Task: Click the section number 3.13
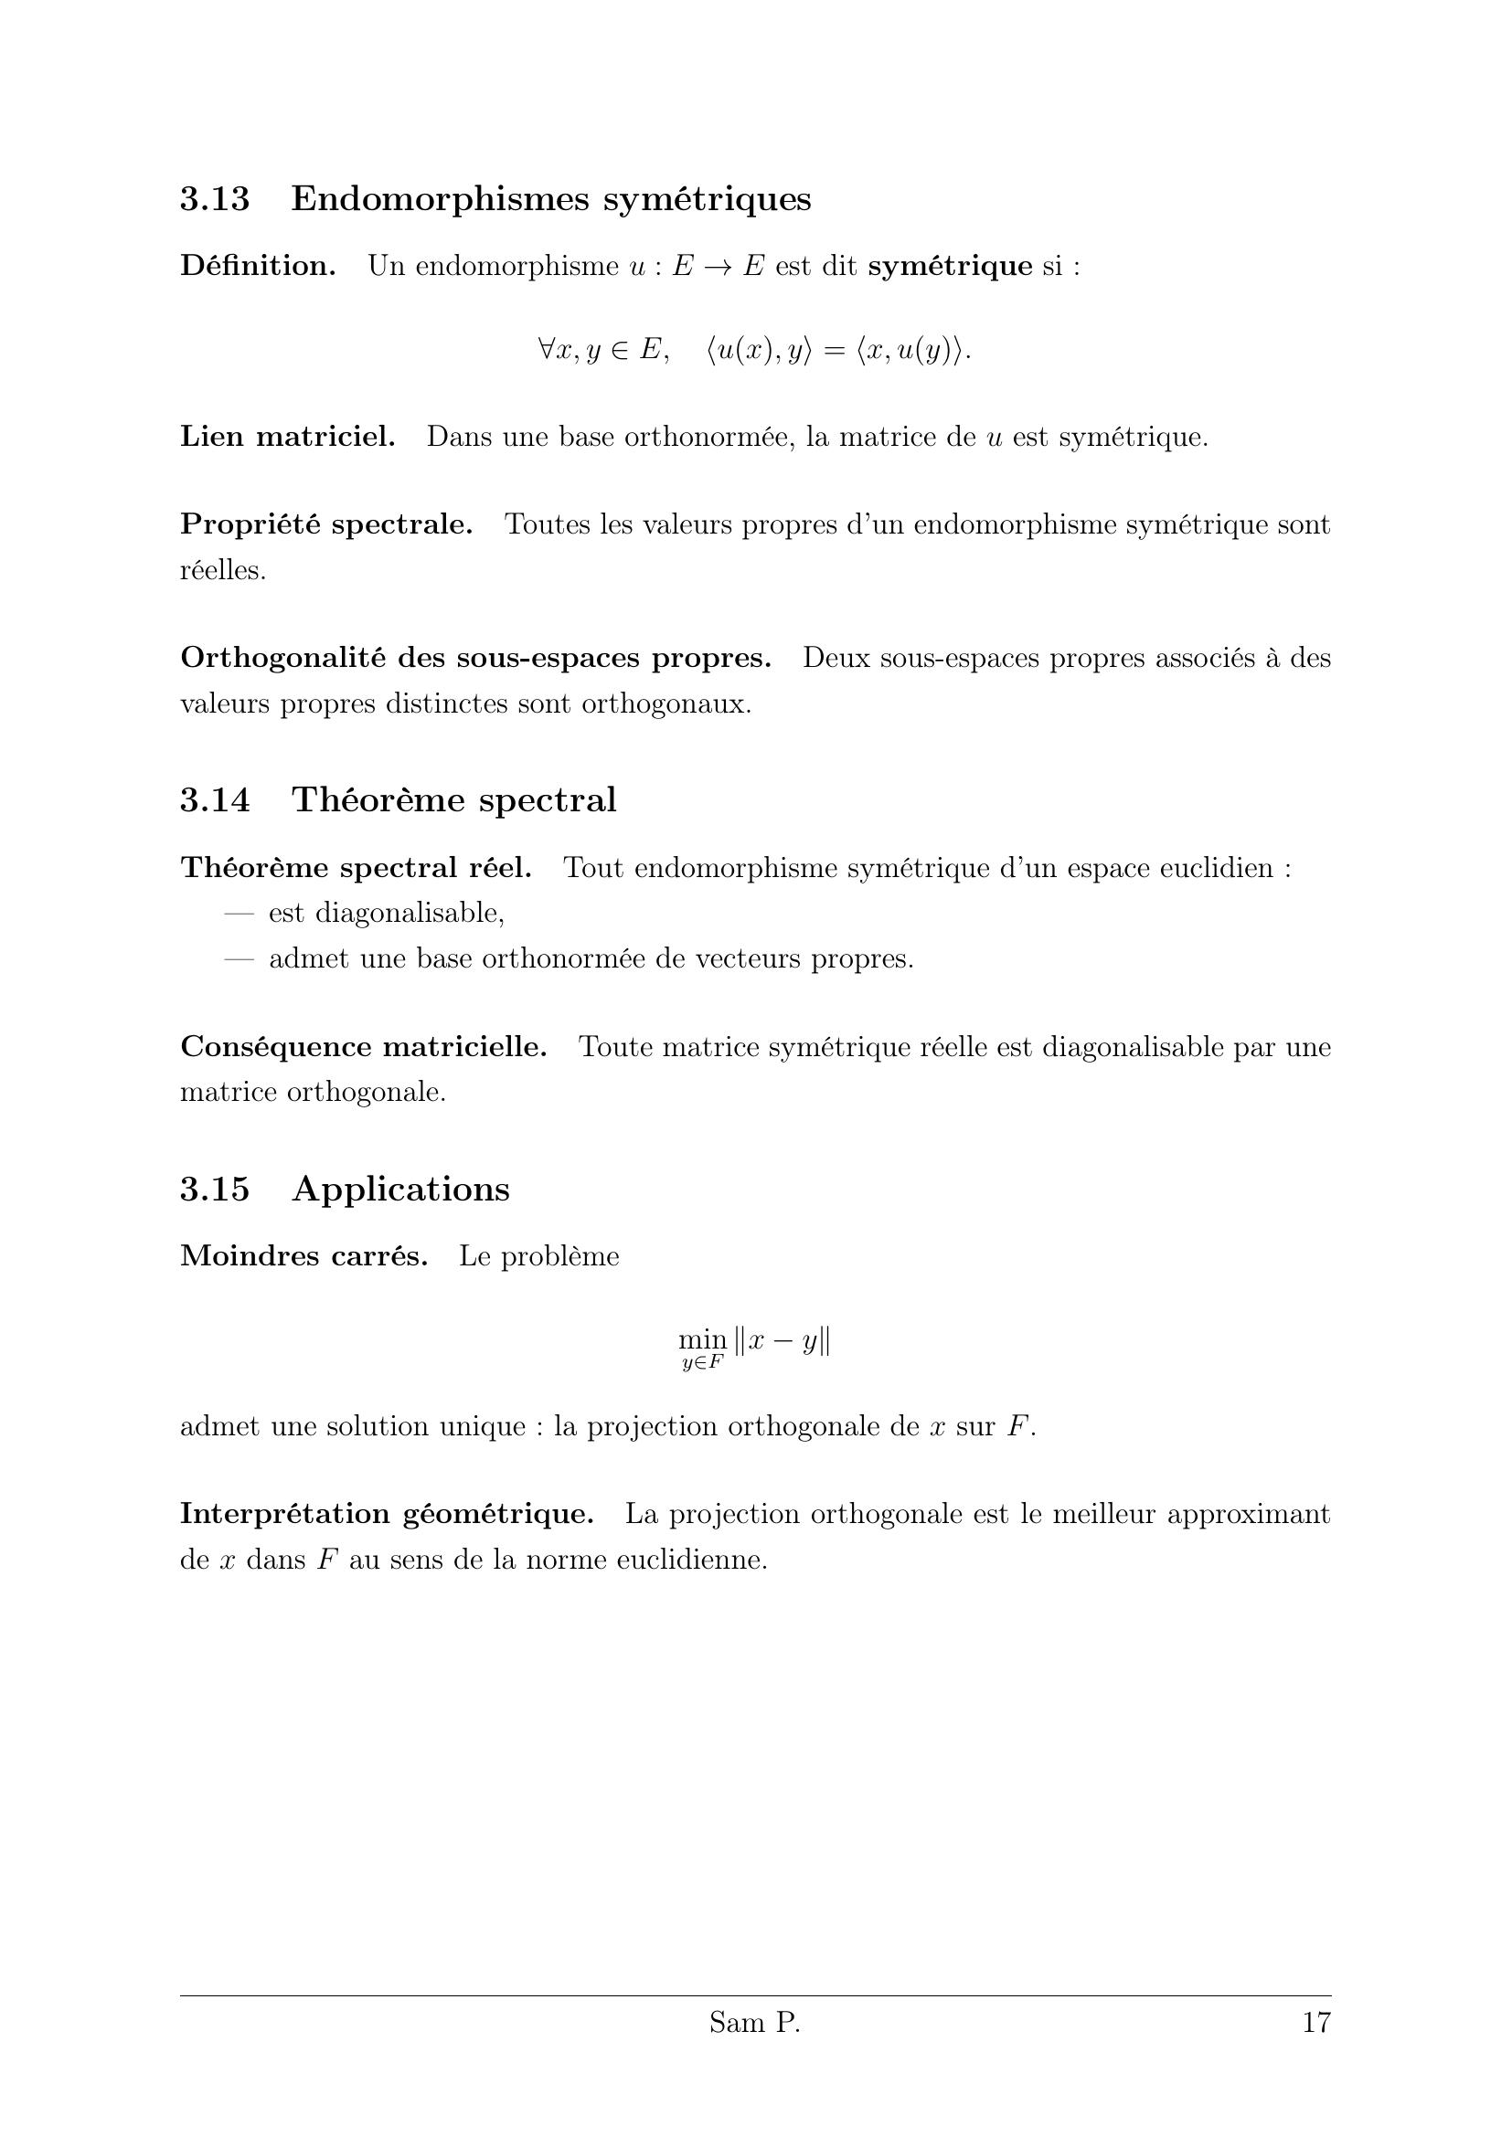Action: (x=215, y=199)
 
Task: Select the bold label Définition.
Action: (x=258, y=266)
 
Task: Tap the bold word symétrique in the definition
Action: (x=950, y=266)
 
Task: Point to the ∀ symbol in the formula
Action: (x=547, y=350)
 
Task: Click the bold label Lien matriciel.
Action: (x=288, y=437)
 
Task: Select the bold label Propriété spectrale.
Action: (x=325, y=525)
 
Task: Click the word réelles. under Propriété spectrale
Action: (x=222, y=570)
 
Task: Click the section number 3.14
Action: (x=215, y=800)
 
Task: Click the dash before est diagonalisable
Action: (x=240, y=913)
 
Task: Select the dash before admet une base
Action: (x=240, y=958)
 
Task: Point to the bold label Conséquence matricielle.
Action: (x=363, y=1047)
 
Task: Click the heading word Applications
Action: (x=400, y=1190)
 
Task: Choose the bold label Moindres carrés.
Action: (x=303, y=1256)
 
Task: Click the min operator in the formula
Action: (x=702, y=1339)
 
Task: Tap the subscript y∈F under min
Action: (x=702, y=1363)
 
